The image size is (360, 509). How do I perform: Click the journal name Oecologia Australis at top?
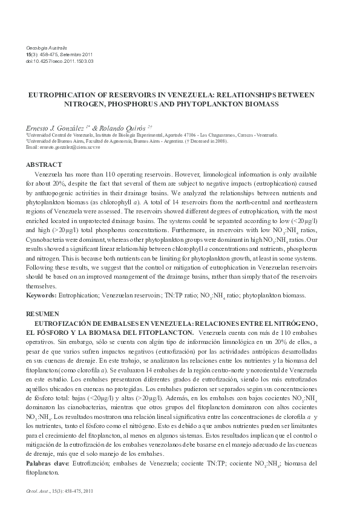pyautogui.click(x=47, y=47)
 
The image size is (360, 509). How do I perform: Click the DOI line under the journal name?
pyautogui.click(x=59, y=61)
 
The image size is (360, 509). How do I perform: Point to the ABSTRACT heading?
pyautogui.click(x=45, y=164)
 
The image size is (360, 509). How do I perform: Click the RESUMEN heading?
pyautogui.click(x=43, y=315)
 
